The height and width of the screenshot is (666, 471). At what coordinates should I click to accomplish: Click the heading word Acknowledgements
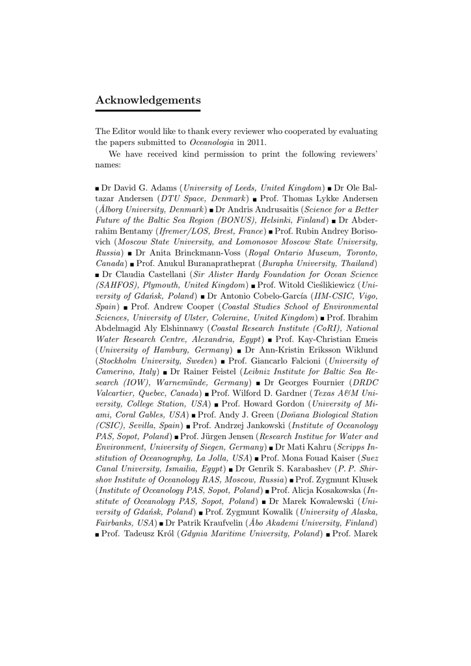coord(148,100)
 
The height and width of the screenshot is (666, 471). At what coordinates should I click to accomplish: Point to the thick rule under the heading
coord(148,111)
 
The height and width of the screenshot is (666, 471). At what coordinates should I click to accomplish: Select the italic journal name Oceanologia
coord(208,142)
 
